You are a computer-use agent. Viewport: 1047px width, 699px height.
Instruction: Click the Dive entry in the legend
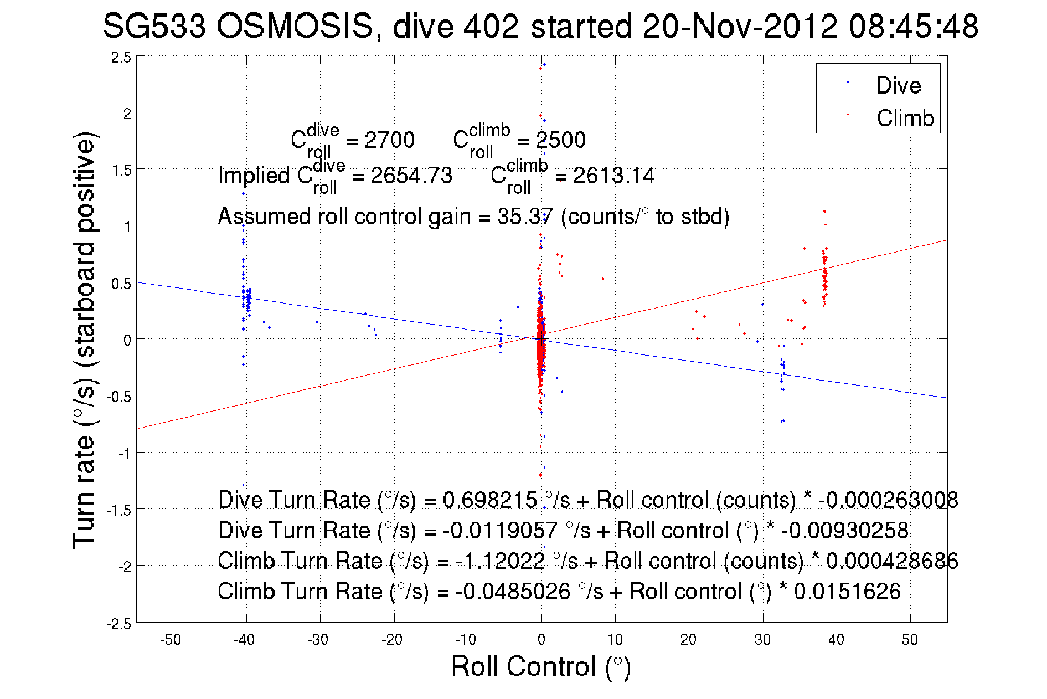pos(898,85)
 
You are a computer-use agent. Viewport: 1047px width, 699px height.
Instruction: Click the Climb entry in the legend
pos(905,118)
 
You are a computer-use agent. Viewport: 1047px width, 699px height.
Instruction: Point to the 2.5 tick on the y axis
pos(121,58)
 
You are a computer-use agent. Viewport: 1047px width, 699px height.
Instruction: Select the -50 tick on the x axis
pos(171,640)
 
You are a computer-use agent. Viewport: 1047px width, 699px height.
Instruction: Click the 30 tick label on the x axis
pos(762,640)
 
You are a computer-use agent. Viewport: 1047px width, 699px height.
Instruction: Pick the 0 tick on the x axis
pos(541,640)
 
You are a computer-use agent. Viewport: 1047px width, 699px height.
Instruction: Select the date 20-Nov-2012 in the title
pos(740,26)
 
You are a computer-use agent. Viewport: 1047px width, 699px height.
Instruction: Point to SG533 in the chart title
pos(154,26)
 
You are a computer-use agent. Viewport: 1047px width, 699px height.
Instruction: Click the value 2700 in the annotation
pos(389,140)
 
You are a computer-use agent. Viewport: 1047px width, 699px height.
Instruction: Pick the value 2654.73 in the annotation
pos(411,176)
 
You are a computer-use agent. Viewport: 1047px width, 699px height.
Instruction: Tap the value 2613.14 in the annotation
pos(613,176)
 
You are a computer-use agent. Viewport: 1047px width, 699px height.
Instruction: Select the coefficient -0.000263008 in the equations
pos(888,500)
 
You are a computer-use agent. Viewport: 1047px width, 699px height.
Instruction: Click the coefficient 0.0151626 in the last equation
pos(847,592)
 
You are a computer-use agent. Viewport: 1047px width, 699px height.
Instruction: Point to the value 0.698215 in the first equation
pos(489,500)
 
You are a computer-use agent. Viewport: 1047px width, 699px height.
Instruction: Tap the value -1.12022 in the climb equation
pos(500,561)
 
